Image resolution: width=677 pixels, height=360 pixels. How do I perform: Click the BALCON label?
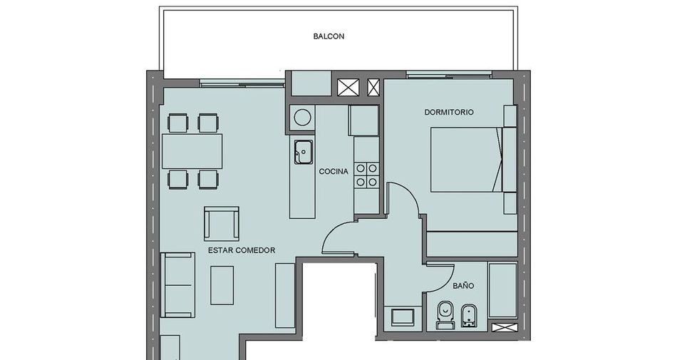pyautogui.click(x=329, y=36)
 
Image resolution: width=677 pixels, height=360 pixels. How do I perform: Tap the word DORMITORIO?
pyautogui.click(x=448, y=112)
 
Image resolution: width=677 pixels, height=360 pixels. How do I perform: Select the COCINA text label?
pyautogui.click(x=334, y=171)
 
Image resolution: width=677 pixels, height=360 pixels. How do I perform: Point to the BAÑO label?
pyautogui.click(x=463, y=285)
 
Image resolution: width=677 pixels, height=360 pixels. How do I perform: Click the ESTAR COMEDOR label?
pyautogui.click(x=242, y=250)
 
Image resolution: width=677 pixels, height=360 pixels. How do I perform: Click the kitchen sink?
pyautogui.click(x=304, y=152)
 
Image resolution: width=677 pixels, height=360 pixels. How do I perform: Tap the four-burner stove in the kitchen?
pyautogui.click(x=366, y=175)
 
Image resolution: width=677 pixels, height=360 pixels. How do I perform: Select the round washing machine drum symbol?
pyautogui.click(x=302, y=118)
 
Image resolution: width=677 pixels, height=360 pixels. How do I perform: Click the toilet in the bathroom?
pyautogui.click(x=445, y=315)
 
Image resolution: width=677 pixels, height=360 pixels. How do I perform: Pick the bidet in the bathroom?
pyautogui.click(x=469, y=316)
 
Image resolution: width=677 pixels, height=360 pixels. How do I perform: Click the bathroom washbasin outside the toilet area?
pyautogui.click(x=403, y=317)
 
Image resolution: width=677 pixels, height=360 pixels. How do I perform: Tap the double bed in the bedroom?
pyautogui.click(x=467, y=159)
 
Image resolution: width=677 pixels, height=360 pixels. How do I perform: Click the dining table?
pyautogui.click(x=192, y=151)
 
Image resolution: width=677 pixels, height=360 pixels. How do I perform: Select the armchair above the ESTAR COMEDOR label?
pyautogui.click(x=222, y=224)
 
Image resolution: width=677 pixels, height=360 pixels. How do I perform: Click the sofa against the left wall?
pyautogui.click(x=177, y=285)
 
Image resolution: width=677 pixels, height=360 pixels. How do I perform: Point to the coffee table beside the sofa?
pyautogui.click(x=222, y=285)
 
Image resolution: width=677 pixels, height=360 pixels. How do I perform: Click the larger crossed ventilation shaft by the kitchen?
pyautogui.click(x=348, y=87)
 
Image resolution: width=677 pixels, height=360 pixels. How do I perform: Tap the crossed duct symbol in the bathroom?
pyautogui.click(x=505, y=327)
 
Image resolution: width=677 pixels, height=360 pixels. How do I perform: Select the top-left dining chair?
pyautogui.click(x=178, y=123)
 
